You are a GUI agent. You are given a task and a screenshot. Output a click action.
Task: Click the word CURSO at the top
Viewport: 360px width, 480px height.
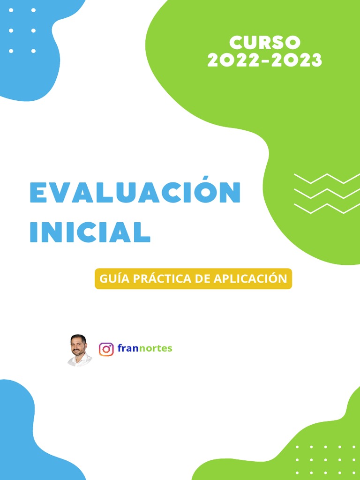(x=265, y=43)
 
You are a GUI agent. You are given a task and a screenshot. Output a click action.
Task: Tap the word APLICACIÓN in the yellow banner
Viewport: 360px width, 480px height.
(x=250, y=278)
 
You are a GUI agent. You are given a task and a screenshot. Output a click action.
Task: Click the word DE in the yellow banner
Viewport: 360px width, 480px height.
(x=202, y=278)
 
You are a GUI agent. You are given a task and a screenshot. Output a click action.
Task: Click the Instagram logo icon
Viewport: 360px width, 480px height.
(x=106, y=349)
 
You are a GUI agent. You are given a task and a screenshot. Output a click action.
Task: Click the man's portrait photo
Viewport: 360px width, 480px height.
(x=78, y=350)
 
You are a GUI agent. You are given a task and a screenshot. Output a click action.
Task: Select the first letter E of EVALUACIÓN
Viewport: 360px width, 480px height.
(x=37, y=193)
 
